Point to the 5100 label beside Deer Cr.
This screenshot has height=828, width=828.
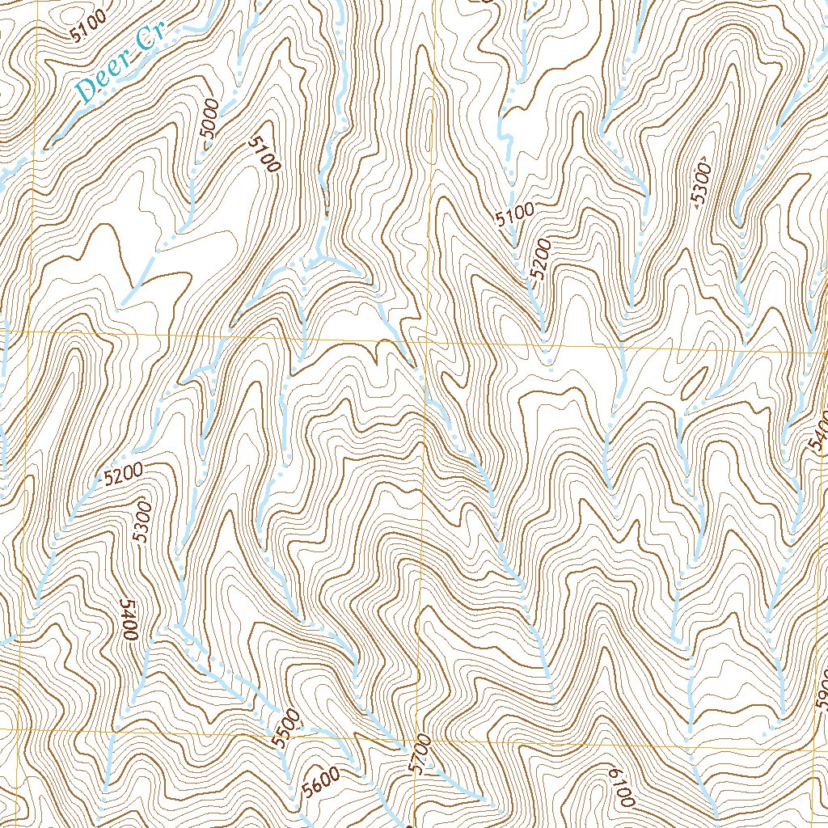coord(87,30)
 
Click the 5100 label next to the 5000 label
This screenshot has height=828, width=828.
coord(264,154)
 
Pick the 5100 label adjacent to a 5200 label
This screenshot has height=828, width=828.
coord(515,215)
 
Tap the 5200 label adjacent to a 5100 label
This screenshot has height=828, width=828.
coord(540,260)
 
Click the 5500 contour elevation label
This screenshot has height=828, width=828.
coord(285,728)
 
